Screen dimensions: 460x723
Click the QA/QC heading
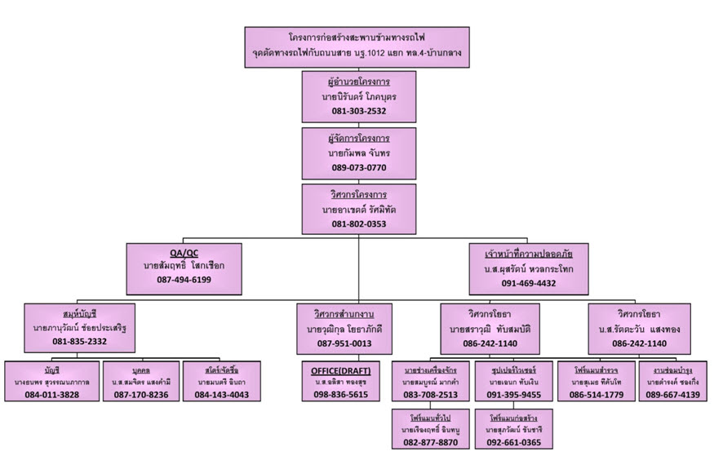pyautogui.click(x=184, y=252)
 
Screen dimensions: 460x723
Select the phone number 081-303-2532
pyautogui.click(x=359, y=111)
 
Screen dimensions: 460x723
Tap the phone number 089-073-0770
pyautogui.click(x=359, y=167)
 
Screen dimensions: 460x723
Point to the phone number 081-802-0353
pyautogui.click(x=359, y=223)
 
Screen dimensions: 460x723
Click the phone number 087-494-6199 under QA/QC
pyautogui.click(x=184, y=279)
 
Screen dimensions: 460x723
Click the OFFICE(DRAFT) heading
pyautogui.click(x=341, y=369)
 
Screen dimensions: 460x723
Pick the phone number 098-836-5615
pyautogui.click(x=341, y=395)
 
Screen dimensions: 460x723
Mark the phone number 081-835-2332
pyautogui.click(x=80, y=341)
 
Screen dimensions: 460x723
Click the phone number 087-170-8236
pyautogui.click(x=141, y=395)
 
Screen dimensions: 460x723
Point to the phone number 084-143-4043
pyautogui.click(x=221, y=395)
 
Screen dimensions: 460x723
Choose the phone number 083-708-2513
pyautogui.click(x=430, y=395)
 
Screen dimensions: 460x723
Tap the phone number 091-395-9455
pyautogui.click(x=514, y=395)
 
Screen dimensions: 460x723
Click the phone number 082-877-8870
pyautogui.click(x=430, y=443)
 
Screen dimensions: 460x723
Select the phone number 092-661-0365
pyautogui.click(x=514, y=443)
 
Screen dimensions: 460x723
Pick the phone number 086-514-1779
pyautogui.click(x=597, y=395)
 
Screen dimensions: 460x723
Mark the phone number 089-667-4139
pyautogui.click(x=673, y=395)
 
